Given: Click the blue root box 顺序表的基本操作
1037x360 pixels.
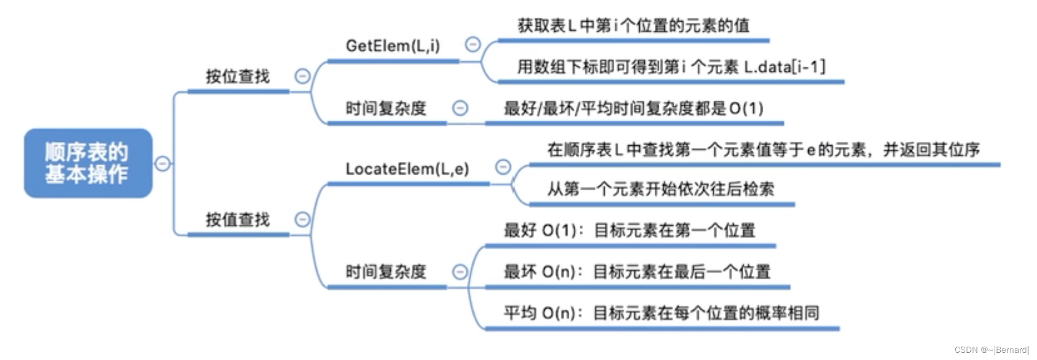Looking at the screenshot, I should pyautogui.click(x=88, y=163).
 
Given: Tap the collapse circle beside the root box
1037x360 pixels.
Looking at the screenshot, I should pyautogui.click(x=162, y=164).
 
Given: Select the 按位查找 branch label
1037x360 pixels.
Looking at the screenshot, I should pyautogui.click(x=238, y=77).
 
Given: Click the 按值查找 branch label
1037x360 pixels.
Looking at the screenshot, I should pyautogui.click(x=238, y=220).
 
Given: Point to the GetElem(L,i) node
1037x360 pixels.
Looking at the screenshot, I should pyautogui.click(x=393, y=46).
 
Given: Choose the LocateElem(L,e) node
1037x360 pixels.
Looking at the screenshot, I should pyautogui.click(x=407, y=169).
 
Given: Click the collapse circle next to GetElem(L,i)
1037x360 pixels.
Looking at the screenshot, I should pyautogui.click(x=473, y=44).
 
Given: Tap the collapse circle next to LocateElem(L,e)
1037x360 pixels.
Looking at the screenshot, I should pyautogui.click(x=503, y=166).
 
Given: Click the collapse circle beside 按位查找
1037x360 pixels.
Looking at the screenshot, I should pyautogui.click(x=302, y=76).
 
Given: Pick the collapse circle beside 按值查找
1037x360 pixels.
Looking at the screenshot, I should pyautogui.click(x=302, y=219).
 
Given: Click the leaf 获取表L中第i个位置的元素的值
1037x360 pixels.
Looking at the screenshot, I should pyautogui.click(x=633, y=26).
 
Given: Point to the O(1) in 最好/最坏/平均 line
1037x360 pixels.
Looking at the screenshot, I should pyautogui.click(x=746, y=109).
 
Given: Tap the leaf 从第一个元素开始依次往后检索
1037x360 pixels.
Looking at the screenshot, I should pyautogui.click(x=660, y=190).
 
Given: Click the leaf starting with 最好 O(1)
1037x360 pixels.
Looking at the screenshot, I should pyautogui.click(x=629, y=230).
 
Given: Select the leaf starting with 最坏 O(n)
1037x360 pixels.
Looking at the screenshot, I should pyautogui.click(x=637, y=272).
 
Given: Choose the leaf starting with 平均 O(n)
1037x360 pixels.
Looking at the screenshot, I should pyautogui.click(x=661, y=313).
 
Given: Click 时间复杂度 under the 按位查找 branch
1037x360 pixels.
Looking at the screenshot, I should pyautogui.click(x=386, y=109).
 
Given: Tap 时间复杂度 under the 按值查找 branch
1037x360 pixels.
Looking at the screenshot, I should pyautogui.click(x=386, y=272).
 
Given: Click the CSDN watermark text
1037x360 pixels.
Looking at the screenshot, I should pyautogui.click(x=991, y=350).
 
